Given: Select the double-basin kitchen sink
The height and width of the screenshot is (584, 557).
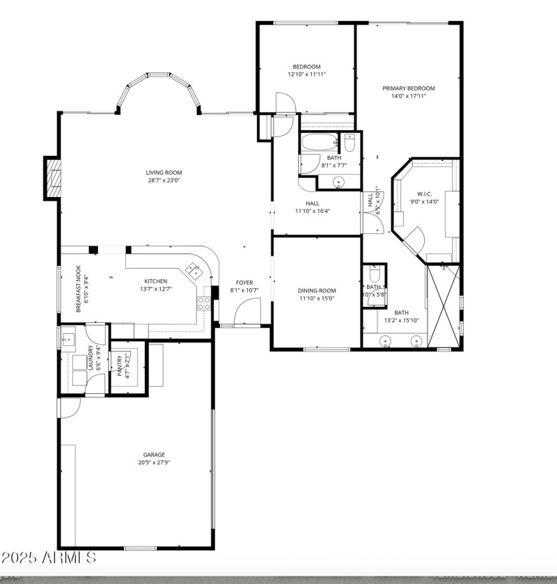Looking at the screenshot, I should coord(192,268).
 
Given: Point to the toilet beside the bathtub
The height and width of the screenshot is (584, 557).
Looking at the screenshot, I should coord(350,144).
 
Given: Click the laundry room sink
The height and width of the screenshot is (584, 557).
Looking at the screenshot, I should coord(68,339).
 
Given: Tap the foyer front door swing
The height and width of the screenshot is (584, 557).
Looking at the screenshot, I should coord(247,313).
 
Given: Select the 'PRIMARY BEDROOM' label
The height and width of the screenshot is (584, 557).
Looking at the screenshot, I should coord(408,88).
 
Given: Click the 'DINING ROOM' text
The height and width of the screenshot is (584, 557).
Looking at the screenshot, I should coord(316,290).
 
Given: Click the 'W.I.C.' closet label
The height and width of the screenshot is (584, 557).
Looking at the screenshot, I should coord(425,194).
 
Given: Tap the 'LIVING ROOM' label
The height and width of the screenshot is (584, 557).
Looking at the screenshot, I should coord(164,173).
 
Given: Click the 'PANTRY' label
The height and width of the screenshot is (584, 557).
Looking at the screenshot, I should coord(120,366).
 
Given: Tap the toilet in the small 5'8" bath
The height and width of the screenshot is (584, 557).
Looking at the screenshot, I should coord(374,273).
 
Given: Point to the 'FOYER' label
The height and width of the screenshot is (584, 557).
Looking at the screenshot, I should coord(244,282).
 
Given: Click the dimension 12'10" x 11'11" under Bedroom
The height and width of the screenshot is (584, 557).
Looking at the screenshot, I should coord(306,74).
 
